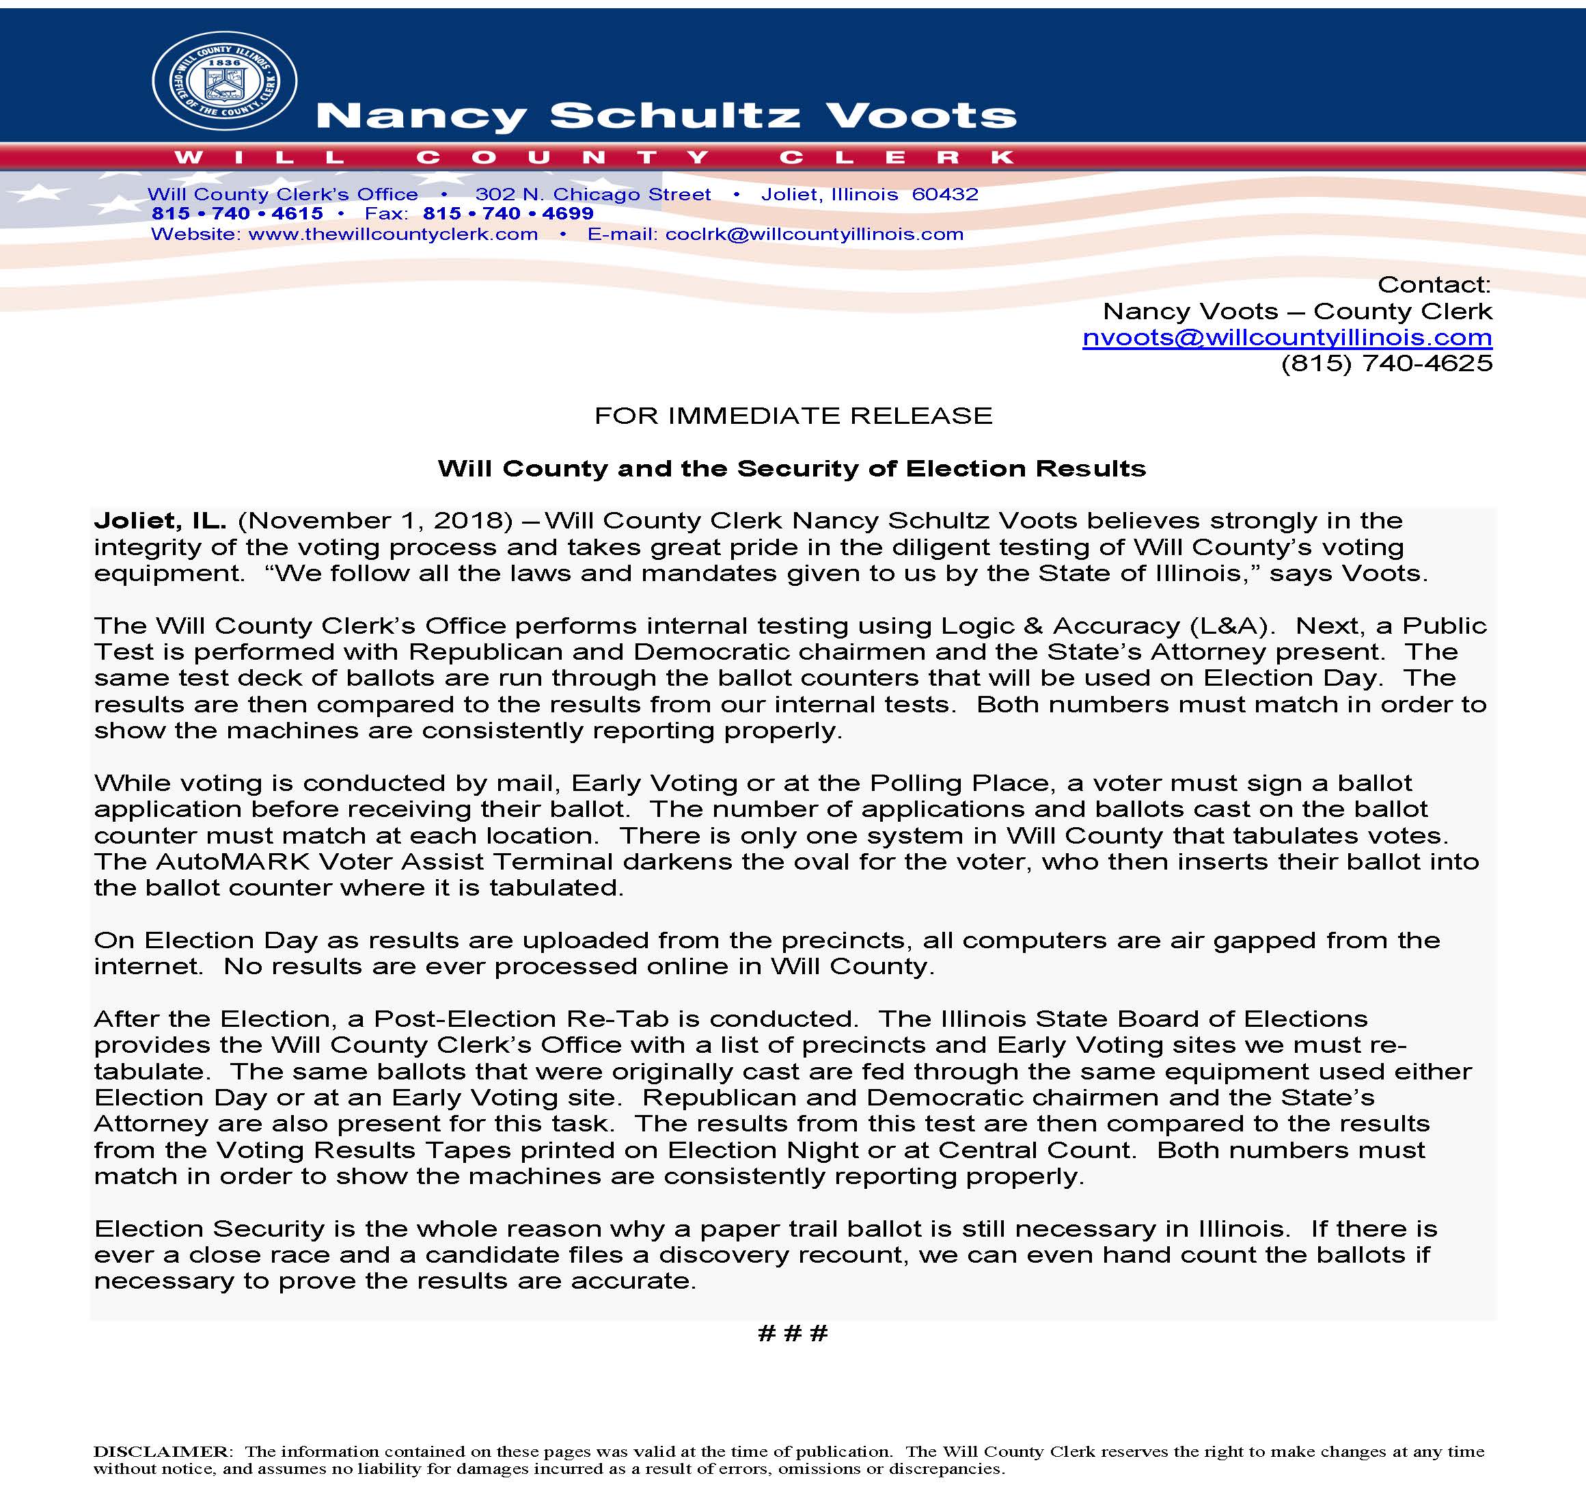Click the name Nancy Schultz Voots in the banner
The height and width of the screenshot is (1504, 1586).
(666, 116)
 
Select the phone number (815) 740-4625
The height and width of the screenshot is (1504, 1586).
(1386, 364)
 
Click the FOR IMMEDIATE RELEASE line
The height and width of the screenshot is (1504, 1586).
(793, 415)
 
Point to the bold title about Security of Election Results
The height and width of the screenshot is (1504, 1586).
(791, 468)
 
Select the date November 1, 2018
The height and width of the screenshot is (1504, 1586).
(375, 520)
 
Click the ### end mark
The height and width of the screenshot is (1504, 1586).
(792, 1333)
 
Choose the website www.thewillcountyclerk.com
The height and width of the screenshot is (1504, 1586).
(393, 234)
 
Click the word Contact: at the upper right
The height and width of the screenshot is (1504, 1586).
(1433, 284)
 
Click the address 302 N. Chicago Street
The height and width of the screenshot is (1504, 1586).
(592, 194)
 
